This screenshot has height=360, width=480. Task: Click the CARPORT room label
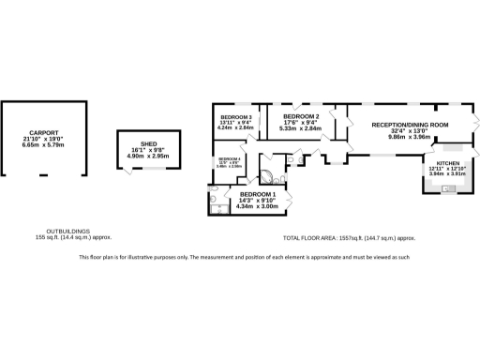point(45,132)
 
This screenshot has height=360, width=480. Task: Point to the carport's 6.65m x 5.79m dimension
point(45,145)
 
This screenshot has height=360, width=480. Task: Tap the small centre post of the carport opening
point(43,175)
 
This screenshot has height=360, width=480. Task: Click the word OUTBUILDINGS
point(68,232)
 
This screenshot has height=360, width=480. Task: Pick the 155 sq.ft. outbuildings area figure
point(68,238)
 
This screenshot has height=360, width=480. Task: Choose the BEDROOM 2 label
point(302,117)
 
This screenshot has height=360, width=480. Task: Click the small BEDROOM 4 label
point(230,159)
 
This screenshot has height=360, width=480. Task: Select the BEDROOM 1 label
point(257,194)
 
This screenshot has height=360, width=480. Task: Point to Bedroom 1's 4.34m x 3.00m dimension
point(257,205)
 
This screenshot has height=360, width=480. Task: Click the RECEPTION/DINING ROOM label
point(410,125)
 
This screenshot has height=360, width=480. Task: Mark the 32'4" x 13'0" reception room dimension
point(410,131)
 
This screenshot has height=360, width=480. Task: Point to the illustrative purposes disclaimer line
point(243,257)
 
